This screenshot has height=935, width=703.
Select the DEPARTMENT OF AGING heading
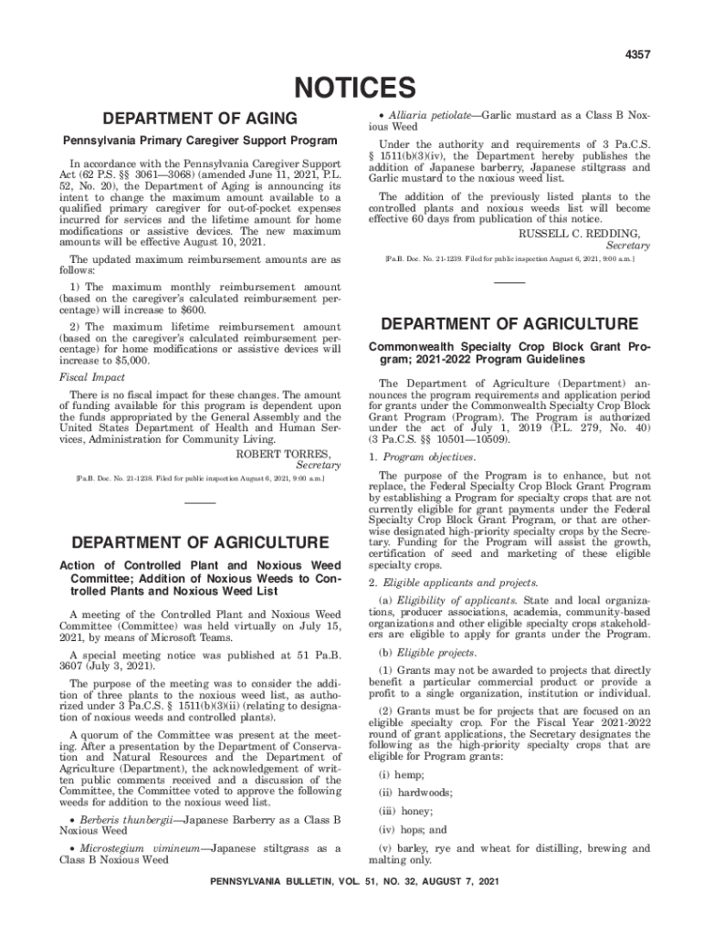point(200,119)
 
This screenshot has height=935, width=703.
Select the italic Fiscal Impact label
point(92,377)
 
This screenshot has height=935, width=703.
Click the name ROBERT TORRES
point(283,454)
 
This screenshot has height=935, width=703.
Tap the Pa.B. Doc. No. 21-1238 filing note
point(200,478)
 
